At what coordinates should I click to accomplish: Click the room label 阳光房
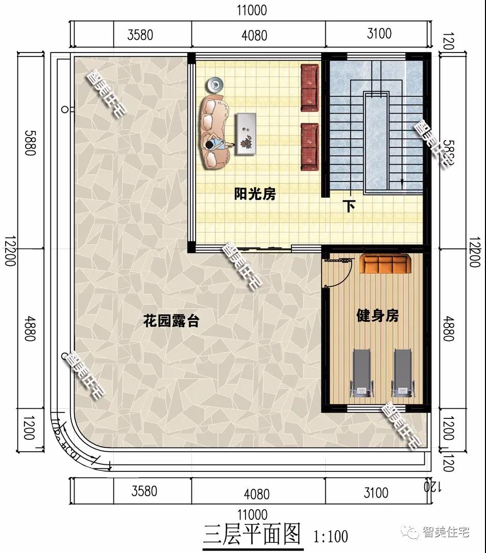(x=255, y=194)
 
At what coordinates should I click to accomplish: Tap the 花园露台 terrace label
(x=171, y=322)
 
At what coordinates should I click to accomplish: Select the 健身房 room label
(x=377, y=316)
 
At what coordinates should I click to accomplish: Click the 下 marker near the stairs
(x=349, y=206)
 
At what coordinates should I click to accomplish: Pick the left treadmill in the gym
(x=362, y=373)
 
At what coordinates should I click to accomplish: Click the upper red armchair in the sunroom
(x=309, y=87)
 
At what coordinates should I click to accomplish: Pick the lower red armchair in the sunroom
(x=309, y=146)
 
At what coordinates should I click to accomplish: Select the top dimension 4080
(x=254, y=35)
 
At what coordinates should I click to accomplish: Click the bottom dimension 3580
(x=144, y=491)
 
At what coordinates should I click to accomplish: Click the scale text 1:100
(x=330, y=536)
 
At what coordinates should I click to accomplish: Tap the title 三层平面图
(x=252, y=535)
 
